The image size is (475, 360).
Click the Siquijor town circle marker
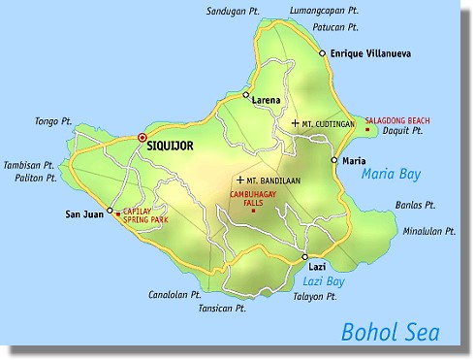(142, 138)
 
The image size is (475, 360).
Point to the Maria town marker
(333, 160)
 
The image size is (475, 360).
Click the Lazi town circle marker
(304, 257)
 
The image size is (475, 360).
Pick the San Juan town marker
(110, 211)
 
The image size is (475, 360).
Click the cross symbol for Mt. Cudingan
(295, 123)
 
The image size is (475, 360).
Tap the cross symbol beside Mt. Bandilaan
(239, 180)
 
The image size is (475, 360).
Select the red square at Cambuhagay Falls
(253, 211)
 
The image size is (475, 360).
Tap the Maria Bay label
(388, 175)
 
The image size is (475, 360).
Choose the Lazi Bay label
(313, 280)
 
